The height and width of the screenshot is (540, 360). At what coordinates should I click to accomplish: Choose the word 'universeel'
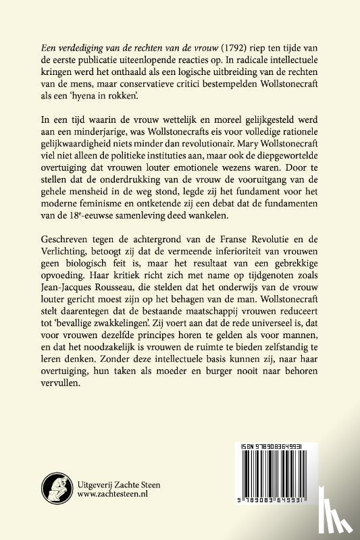(273, 326)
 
